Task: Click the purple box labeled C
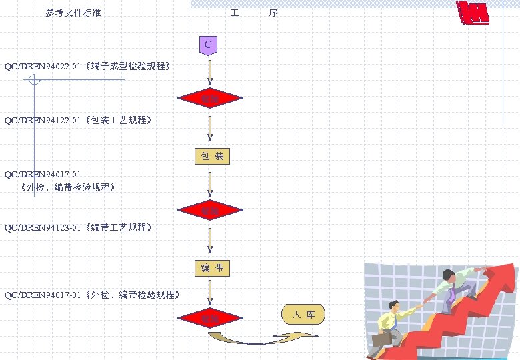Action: point(209,45)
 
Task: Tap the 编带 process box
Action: point(212,268)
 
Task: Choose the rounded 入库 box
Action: point(303,314)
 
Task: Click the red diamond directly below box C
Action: point(209,99)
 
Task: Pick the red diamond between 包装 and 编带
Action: point(209,211)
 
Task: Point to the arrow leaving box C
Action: point(210,72)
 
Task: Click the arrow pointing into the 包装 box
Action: point(210,128)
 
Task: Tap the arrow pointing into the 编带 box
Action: point(210,241)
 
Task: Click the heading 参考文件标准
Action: point(73,13)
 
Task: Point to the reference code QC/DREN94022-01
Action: point(43,67)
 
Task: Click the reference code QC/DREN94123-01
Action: point(43,228)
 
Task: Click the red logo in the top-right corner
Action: point(473,13)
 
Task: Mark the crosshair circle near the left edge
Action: point(35,80)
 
